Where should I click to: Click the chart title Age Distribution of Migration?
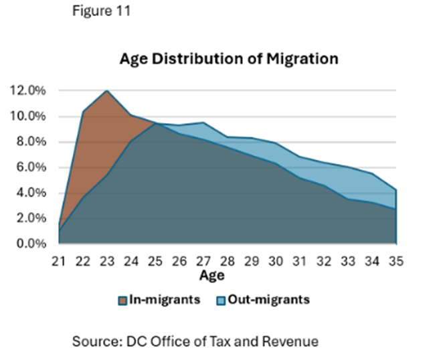click(229, 59)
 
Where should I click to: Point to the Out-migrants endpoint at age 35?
click(398, 190)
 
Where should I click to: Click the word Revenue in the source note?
click(292, 341)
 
